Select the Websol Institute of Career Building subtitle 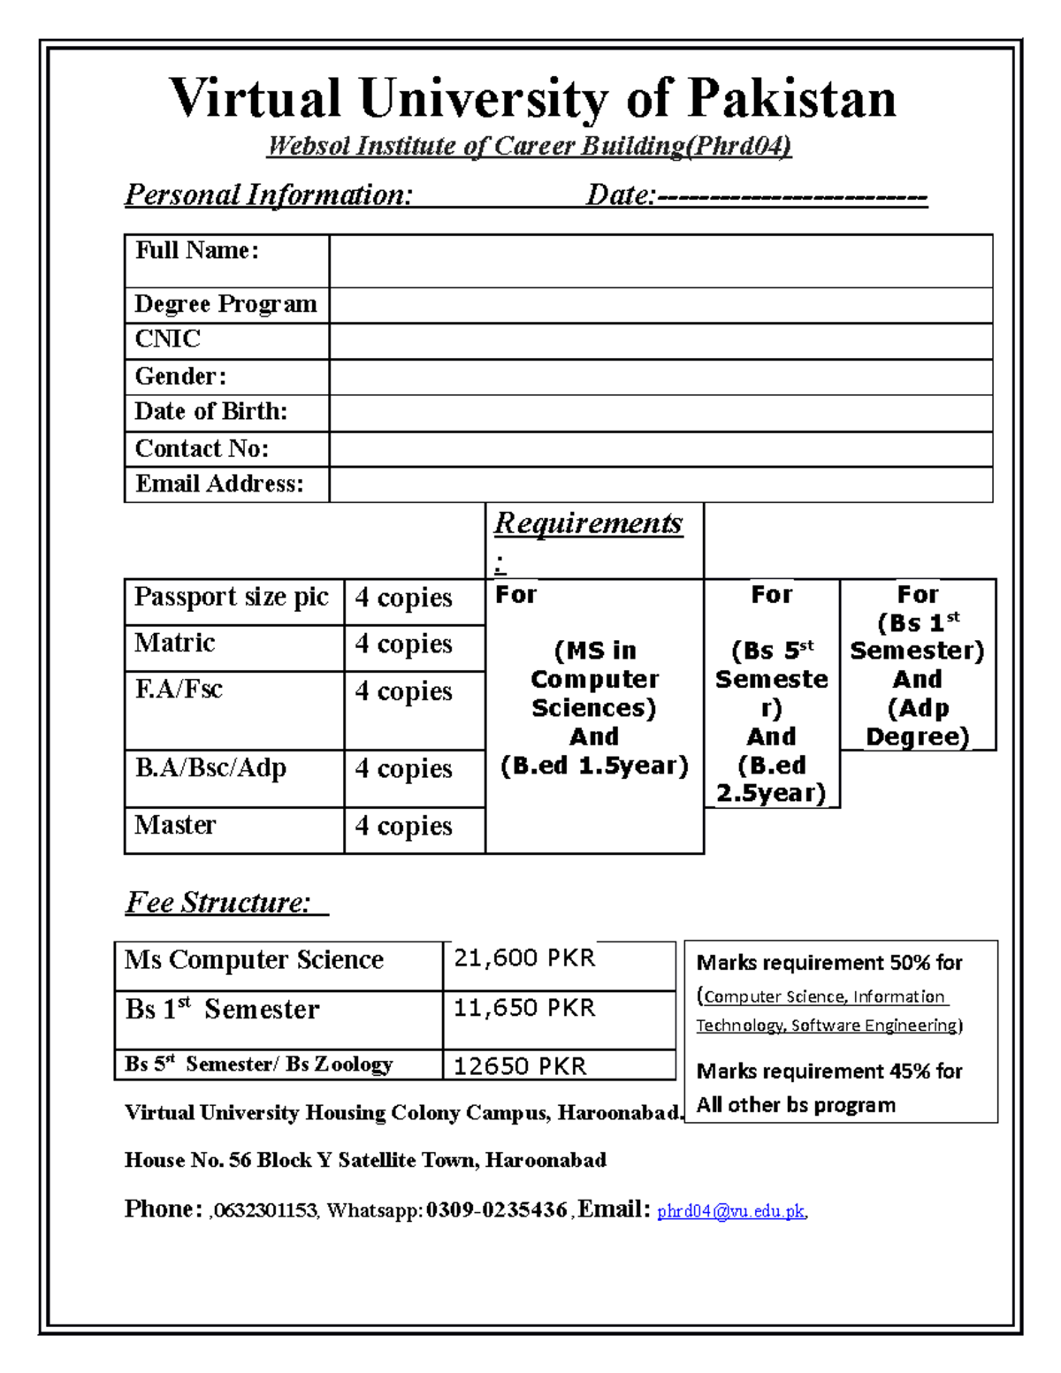[529, 146]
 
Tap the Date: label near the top [620, 195]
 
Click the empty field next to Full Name [660, 261]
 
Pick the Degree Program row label [225, 304]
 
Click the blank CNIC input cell [660, 341]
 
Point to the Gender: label [180, 377]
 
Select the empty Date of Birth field [660, 413]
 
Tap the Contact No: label [202, 449]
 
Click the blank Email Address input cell [660, 484]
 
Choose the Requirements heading [588, 523]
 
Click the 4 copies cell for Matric [404, 644]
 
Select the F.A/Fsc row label [179, 690]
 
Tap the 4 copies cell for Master [404, 826]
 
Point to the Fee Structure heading [218, 903]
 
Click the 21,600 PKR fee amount [524, 958]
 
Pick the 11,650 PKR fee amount [524, 1009]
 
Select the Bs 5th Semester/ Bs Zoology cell [259, 1064]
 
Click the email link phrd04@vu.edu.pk [731, 1211]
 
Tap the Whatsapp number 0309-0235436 [496, 1210]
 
